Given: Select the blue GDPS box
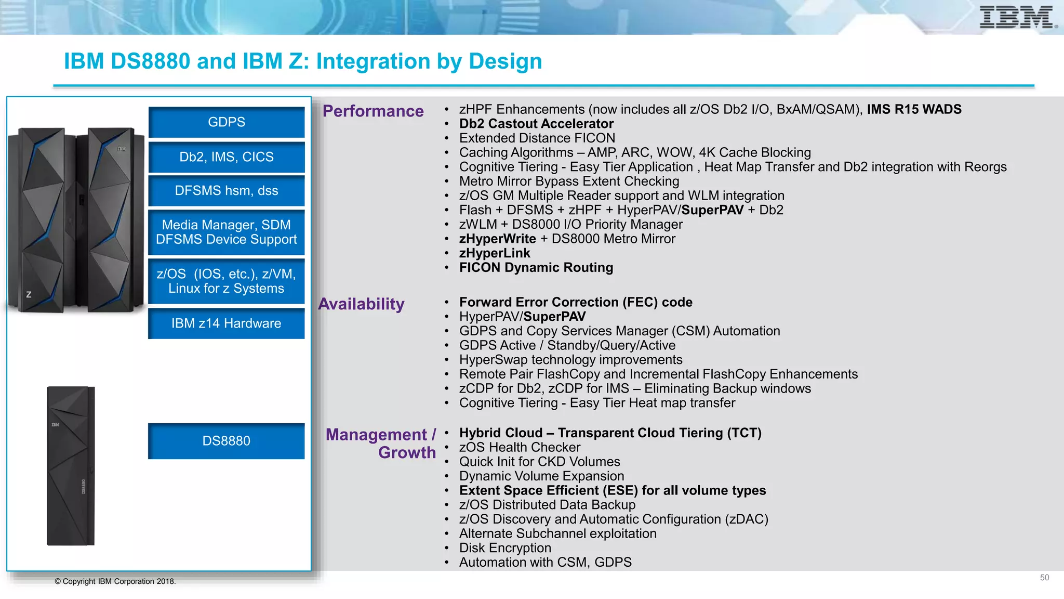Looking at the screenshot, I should pos(227,122).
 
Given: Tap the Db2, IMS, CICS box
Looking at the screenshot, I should pos(227,157).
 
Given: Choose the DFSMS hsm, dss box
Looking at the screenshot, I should pos(227,191).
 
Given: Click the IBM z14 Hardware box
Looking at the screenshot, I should pos(227,323).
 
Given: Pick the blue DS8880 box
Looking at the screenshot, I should pos(227,441).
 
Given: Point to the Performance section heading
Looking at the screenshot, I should pos(373,111).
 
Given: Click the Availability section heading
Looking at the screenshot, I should pos(362,304).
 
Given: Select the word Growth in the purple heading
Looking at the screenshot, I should pos(407,453).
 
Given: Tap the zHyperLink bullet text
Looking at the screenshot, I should pos(495,253).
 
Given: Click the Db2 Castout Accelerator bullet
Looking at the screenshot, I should pos(536,124).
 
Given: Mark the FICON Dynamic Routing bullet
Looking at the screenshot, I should pos(536,268).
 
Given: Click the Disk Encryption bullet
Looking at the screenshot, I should pos(505,548).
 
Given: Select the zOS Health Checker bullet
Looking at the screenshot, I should pos(520,448).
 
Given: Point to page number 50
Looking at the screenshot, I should pos(1044,578).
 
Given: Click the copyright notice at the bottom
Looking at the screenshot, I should pos(115,581).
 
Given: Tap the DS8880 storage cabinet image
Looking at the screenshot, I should pos(71,466).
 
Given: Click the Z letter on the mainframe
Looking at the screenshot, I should pos(29,295).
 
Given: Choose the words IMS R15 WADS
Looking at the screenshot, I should pos(914,110).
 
